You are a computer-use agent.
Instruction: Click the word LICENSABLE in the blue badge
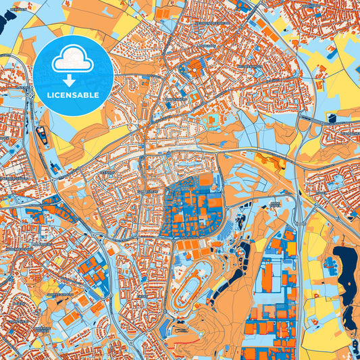[x=74, y=95]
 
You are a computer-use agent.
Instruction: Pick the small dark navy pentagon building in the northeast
[x=332, y=118]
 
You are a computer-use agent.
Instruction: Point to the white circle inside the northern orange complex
[x=195, y=67]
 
